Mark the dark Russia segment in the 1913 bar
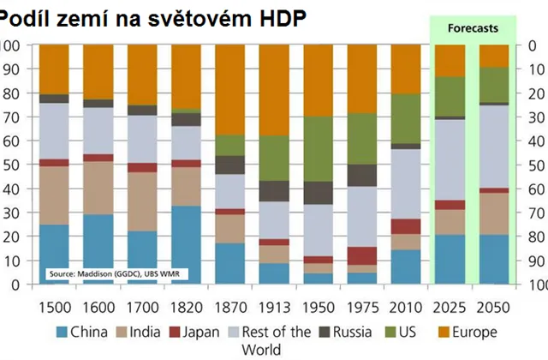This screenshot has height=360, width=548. pyautogui.click(x=273, y=190)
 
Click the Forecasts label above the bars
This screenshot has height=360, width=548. pyautogui.click(x=473, y=28)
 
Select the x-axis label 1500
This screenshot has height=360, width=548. pyautogui.click(x=55, y=307)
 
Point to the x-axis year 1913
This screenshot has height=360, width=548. pyautogui.click(x=273, y=307)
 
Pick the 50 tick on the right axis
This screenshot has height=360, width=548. pyautogui.click(x=538, y=165)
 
